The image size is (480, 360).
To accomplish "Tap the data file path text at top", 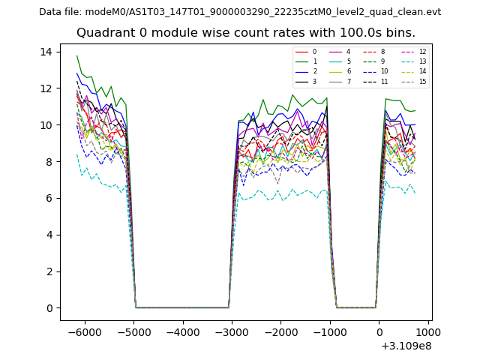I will (240, 12).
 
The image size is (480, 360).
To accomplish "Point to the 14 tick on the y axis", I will (46, 52).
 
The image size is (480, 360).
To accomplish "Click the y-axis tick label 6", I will (49, 198).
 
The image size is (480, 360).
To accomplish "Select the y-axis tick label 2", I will (49, 271).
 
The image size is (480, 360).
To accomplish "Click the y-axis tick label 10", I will (46, 125).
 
